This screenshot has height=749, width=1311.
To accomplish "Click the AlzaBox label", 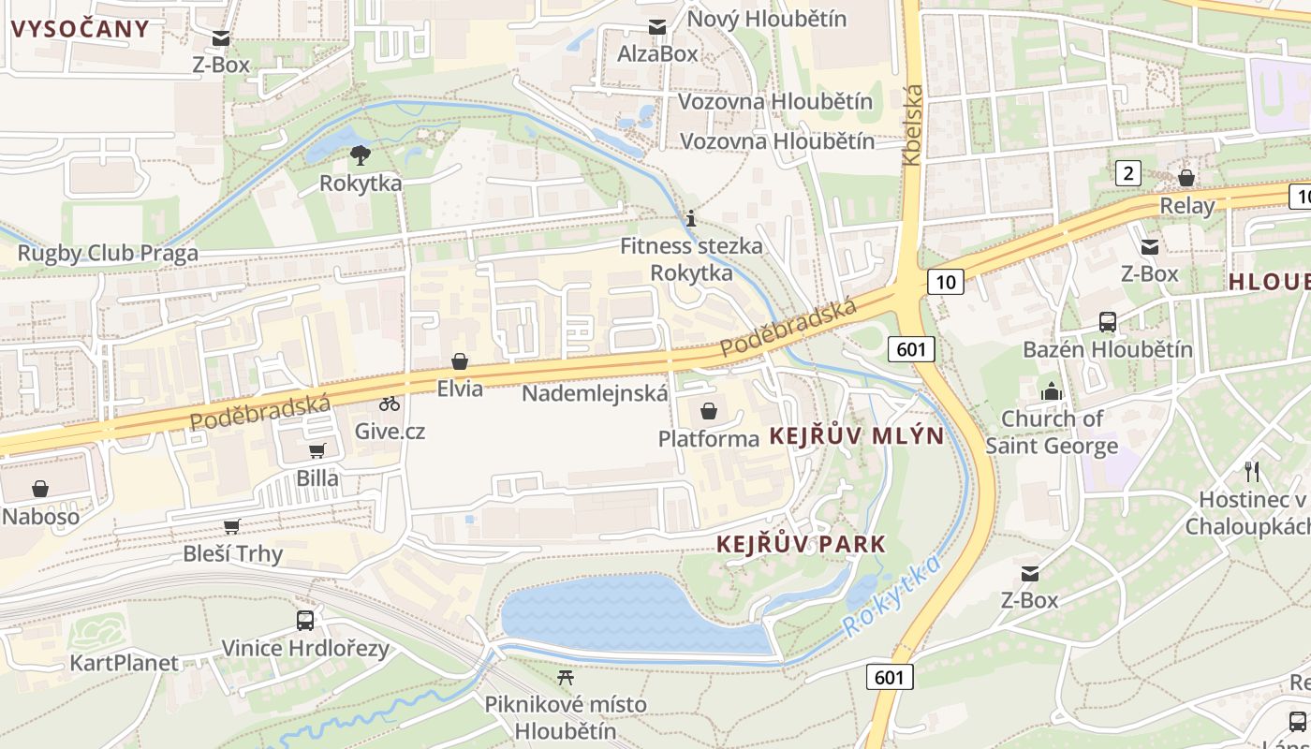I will point(657,53).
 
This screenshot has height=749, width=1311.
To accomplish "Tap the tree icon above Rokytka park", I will point(360,155).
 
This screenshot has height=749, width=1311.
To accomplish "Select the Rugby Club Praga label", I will point(108,253).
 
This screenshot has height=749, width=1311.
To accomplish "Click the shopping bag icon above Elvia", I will point(460,361).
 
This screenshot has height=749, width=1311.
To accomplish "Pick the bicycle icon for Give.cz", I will point(390,404).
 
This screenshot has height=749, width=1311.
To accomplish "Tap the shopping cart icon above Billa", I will point(317,450).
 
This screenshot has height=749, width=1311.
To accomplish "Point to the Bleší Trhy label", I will point(232,553).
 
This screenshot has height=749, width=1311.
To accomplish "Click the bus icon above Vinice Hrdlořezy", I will point(305,620).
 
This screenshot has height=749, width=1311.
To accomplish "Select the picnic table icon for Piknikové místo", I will point(565,676).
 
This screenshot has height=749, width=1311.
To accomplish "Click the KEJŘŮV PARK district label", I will point(801,544).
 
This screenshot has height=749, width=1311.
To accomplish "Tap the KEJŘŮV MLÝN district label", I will point(857,436).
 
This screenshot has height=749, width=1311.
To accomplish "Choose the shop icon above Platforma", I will point(709,411).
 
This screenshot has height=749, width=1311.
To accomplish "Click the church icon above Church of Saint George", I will point(1051,391).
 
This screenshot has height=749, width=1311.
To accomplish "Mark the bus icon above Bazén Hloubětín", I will point(1108,322).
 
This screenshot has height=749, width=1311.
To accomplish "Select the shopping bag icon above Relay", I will point(1186,178).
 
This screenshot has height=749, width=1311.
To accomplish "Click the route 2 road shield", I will point(1129,172).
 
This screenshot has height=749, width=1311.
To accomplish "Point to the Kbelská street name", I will point(913,125).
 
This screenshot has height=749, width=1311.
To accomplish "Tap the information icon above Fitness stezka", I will point(691,219).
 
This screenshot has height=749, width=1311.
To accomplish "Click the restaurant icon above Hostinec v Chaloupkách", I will point(1252,471).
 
